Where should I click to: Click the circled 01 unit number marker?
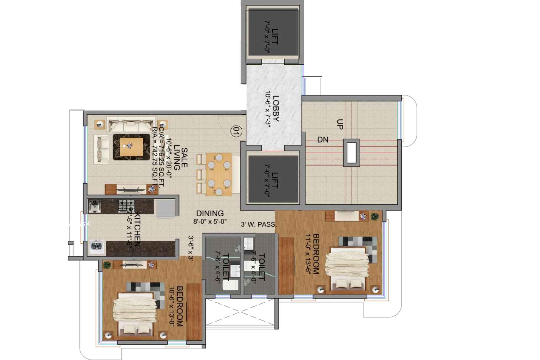click(x=236, y=131)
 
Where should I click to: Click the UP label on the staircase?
click(x=340, y=124)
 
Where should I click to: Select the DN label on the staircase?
click(x=323, y=140)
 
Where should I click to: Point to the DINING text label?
click(x=210, y=213)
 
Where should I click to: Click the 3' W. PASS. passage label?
click(x=259, y=224)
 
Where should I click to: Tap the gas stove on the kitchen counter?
click(x=127, y=206)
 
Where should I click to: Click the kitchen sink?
click(x=94, y=206)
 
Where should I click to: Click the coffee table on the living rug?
click(x=131, y=147)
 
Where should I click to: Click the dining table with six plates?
click(x=219, y=174)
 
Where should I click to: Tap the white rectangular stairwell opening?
click(x=351, y=153)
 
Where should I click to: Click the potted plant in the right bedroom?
click(x=375, y=216)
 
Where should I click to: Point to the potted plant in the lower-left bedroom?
click(x=107, y=265)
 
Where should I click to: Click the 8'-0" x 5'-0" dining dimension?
click(x=210, y=221)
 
